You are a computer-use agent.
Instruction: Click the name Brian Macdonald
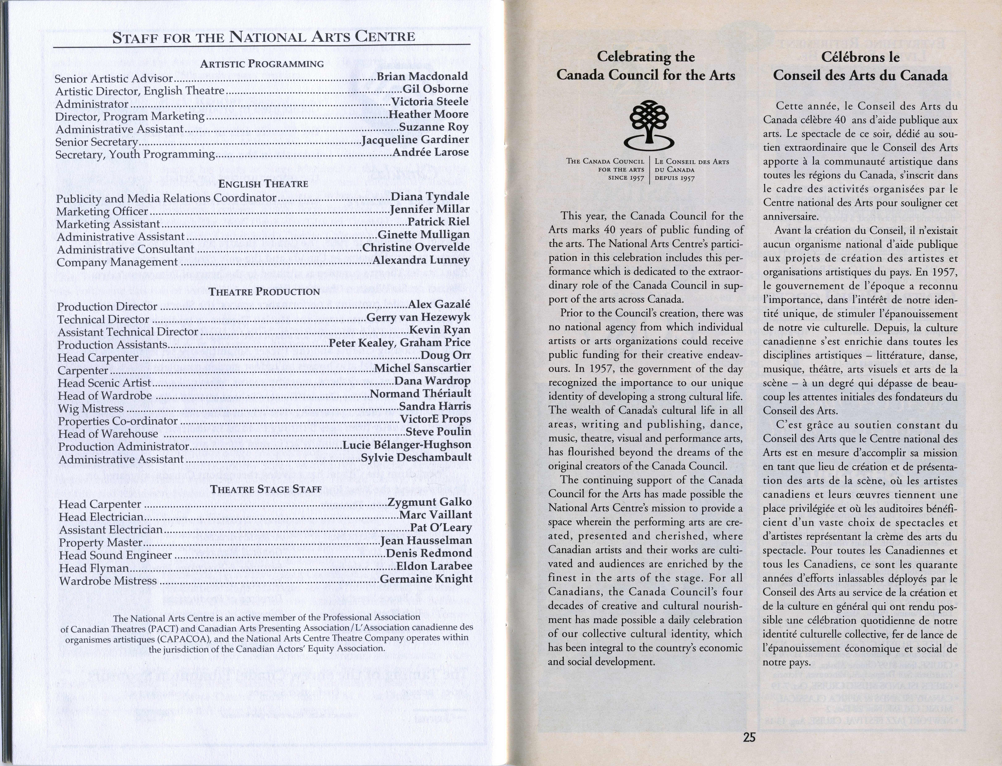pos(422,76)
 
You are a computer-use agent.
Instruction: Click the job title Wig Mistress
pos(91,408)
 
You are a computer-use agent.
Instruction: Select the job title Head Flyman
pos(94,568)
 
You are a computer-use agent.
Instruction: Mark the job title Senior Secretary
pos(96,142)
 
